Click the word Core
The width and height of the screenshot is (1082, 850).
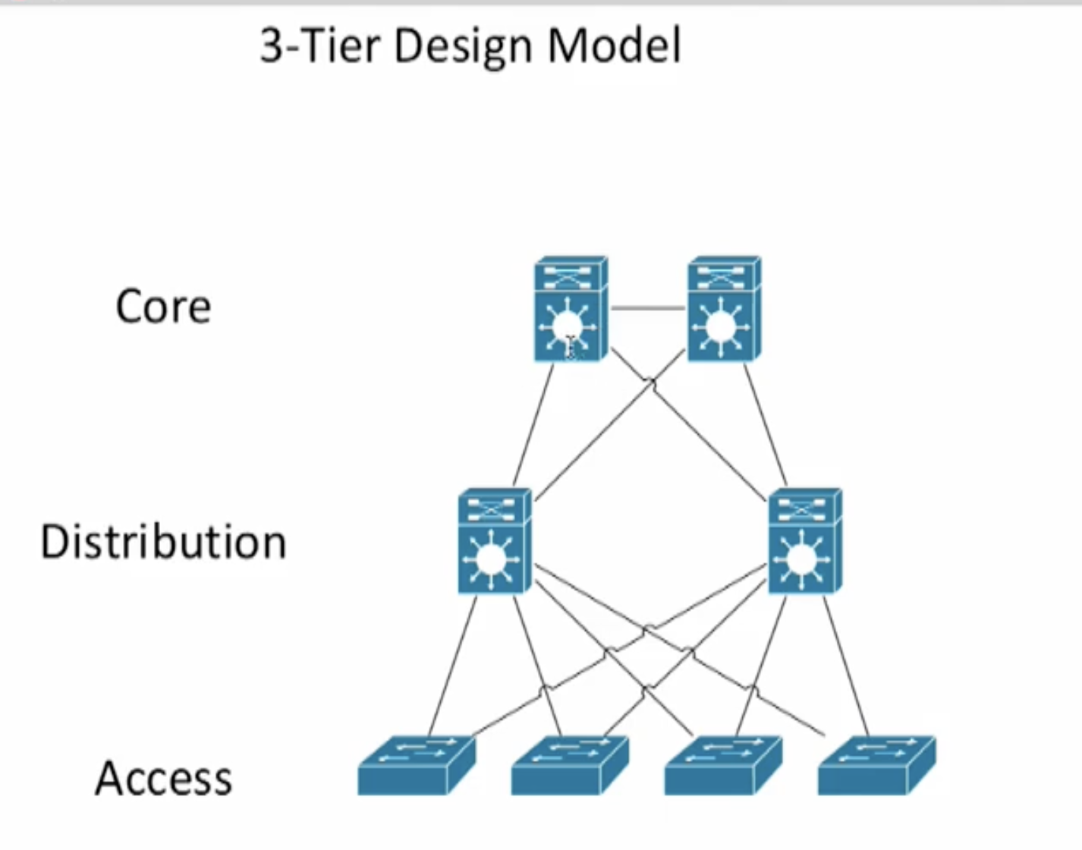tap(163, 307)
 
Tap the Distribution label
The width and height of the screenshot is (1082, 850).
tap(163, 542)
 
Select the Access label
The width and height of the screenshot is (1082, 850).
tap(163, 779)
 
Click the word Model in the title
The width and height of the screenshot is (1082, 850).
tap(614, 46)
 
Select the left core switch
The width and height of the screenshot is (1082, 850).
tap(570, 310)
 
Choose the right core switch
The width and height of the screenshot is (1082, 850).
tap(723, 310)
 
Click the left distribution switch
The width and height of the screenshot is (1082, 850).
tap(494, 541)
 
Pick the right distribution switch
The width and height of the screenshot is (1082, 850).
tap(804, 541)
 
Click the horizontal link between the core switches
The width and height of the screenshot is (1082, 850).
tap(648, 308)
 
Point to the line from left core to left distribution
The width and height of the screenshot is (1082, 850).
tap(534, 425)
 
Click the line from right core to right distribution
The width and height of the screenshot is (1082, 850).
tap(765, 425)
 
